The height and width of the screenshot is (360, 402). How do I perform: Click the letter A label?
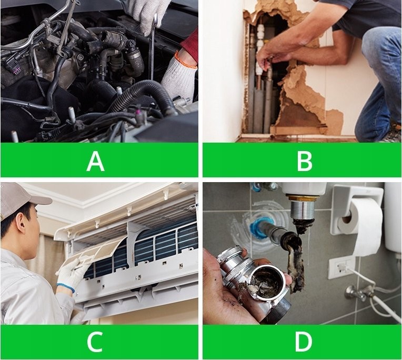[95, 161]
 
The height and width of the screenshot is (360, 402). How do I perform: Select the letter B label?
[304, 161]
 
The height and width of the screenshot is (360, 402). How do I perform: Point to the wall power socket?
[340, 267]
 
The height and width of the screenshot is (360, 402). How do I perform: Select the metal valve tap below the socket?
[356, 293]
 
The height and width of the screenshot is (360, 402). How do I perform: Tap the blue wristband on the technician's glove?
[66, 287]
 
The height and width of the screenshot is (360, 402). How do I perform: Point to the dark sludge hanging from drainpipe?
[295, 267]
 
